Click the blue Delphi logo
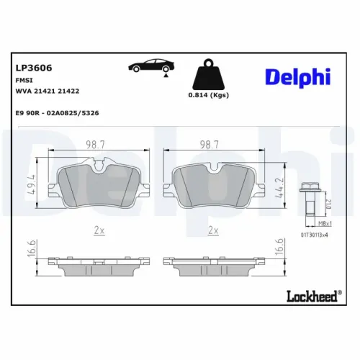pos(299,78)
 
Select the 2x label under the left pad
pos(99,230)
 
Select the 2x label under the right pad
pos(212,230)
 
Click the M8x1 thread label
pos(315,224)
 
